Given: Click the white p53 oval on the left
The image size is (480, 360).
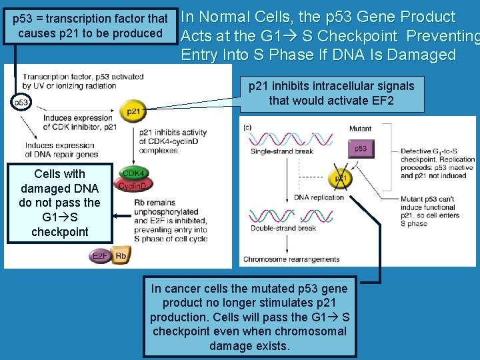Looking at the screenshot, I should [x=21, y=103].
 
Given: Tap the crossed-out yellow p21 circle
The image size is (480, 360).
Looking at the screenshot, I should [x=341, y=178].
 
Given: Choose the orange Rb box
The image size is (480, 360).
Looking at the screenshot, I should [x=121, y=256].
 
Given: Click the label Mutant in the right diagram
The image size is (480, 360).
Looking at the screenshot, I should [x=360, y=129].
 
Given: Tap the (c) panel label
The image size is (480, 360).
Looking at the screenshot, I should [x=248, y=127].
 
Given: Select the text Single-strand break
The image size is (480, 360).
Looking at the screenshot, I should [x=281, y=151].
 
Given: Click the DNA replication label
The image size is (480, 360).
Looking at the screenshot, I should [x=319, y=197].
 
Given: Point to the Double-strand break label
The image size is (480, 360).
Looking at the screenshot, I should [x=283, y=229].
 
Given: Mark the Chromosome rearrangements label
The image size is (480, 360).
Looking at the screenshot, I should [x=291, y=259].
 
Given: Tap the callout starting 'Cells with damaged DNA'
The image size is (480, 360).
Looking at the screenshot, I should [x=60, y=202].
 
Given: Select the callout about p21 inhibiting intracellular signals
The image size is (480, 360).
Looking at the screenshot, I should [x=331, y=93].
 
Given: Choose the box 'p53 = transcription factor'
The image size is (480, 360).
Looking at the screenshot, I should [x=91, y=26].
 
